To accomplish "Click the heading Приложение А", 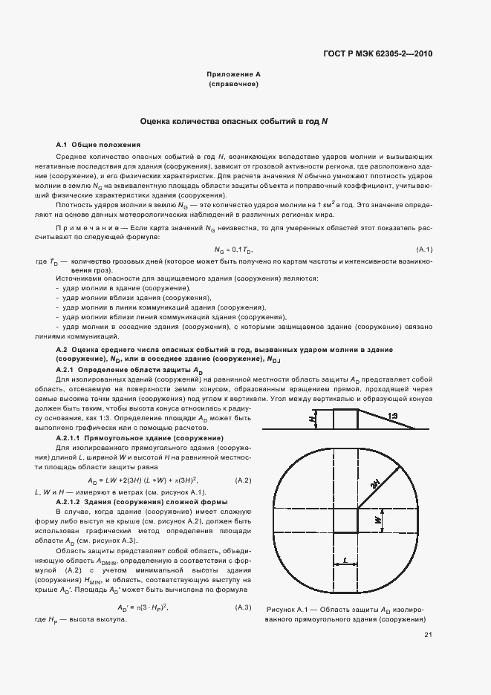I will coord(233,75).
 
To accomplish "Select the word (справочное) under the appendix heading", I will coord(233,85).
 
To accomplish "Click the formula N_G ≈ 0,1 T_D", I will coord(233,249).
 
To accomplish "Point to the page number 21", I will coord(428,635).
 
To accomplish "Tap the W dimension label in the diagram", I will coord(378,521).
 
